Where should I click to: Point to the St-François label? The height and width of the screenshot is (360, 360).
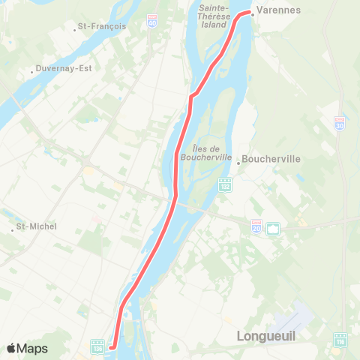pos(103,26)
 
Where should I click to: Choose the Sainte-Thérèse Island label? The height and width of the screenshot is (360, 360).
pos(218,16)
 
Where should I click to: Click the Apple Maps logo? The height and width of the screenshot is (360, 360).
pos(27,348)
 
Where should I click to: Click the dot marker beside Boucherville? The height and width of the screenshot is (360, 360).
pos(238,160)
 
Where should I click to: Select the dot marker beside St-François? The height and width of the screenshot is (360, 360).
pos(77,28)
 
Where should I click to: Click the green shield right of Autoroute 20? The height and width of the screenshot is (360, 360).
pos(273,227)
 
